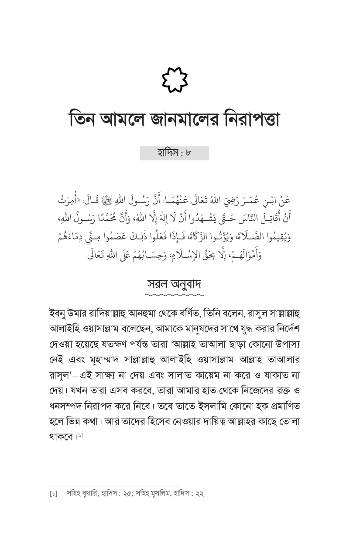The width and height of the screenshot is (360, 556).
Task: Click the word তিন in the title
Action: point(84,119)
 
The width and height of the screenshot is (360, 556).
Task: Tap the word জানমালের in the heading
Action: point(181,119)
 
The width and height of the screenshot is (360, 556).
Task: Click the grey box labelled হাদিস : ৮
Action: point(175,153)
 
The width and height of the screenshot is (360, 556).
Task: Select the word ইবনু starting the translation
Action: point(59,314)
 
